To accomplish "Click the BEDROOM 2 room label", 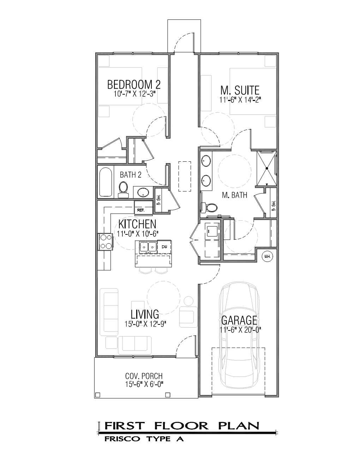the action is (x=134, y=84).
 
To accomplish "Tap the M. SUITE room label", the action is (x=240, y=90).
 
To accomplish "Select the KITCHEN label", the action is (x=137, y=224).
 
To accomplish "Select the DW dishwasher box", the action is (x=164, y=247).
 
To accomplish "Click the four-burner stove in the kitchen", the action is (x=106, y=242).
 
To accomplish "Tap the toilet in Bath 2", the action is (x=123, y=190).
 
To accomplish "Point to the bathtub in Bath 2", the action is (x=106, y=182).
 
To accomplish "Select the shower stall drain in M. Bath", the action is (x=267, y=168).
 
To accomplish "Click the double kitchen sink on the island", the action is (x=148, y=247).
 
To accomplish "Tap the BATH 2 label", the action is (x=131, y=175).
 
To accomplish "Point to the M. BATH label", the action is (x=235, y=195).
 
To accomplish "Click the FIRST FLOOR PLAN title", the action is (x=182, y=426).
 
